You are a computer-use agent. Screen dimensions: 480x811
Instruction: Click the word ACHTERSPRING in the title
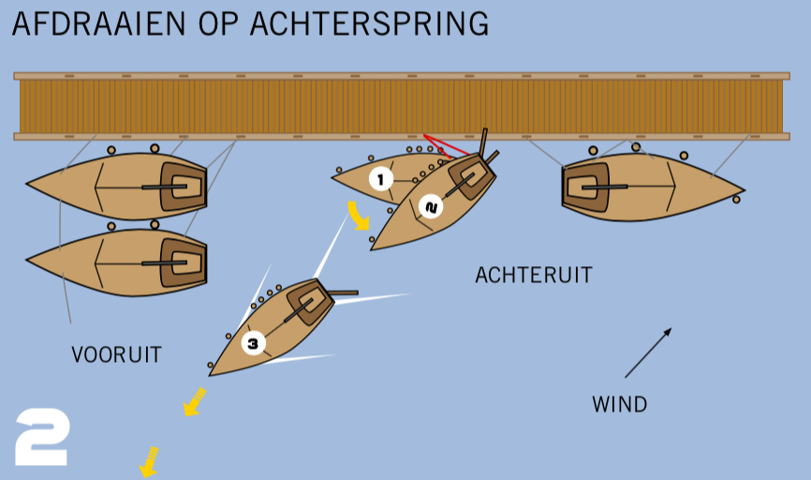(x=369, y=23)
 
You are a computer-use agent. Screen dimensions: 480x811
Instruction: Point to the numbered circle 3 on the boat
(x=253, y=343)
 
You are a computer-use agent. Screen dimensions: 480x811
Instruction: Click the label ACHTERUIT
(x=534, y=275)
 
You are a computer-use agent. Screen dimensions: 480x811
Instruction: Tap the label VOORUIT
(x=116, y=354)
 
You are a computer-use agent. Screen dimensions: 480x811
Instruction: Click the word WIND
(x=619, y=404)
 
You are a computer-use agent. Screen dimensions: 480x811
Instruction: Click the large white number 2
(x=42, y=437)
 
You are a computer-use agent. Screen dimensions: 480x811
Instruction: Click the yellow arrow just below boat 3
(x=194, y=402)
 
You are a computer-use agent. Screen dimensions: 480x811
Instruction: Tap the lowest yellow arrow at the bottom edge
(x=148, y=461)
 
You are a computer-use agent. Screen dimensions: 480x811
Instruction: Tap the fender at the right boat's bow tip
(x=737, y=199)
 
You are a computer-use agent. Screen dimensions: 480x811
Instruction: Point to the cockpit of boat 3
(x=306, y=301)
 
